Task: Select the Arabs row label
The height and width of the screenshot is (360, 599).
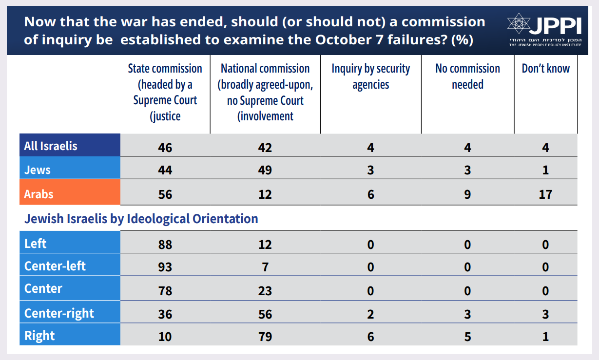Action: [39, 194]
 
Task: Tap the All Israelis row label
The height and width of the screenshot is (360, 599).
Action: [51, 146]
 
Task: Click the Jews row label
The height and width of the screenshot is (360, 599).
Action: [37, 170]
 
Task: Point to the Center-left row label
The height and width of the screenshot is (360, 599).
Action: [55, 266]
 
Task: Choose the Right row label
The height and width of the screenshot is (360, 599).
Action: [39, 336]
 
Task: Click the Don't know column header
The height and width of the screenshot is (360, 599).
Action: [545, 69]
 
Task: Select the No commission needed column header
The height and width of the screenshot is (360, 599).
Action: [467, 76]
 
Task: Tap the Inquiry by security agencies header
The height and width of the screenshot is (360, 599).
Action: [370, 76]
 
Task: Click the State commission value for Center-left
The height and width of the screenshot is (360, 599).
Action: [165, 267]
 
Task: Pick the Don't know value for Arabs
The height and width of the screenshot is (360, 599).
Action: [545, 194]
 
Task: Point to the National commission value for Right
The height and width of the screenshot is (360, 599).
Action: [265, 337]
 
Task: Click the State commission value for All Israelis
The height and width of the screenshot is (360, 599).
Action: [165, 147]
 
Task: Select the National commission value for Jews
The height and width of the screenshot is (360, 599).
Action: [265, 171]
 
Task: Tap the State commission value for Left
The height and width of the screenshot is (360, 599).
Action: [165, 244]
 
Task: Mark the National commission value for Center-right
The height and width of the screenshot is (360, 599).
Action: [265, 314]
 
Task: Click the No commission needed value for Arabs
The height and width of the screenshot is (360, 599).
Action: [467, 194]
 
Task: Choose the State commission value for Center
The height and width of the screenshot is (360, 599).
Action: [165, 291]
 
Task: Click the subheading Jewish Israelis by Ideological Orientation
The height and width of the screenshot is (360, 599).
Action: [141, 219]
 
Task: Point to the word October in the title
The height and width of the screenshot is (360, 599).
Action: [345, 39]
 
